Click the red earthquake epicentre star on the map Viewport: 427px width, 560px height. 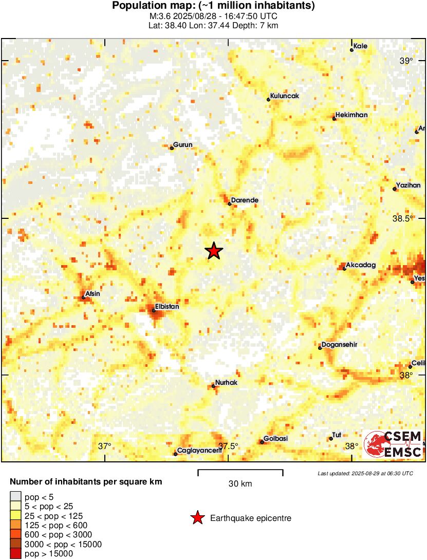tap(214, 251)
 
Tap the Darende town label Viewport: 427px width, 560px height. tap(245, 200)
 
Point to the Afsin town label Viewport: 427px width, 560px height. tap(92, 294)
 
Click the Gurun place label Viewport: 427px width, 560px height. tap(183, 145)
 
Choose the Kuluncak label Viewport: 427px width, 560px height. tap(285, 96)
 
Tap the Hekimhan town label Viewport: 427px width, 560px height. tap(351, 115)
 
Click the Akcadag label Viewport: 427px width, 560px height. tap(362, 265)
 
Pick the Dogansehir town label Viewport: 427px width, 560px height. tap(339, 345)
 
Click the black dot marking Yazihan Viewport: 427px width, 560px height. tap(395, 189)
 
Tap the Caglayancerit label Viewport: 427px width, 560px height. tap(199, 451)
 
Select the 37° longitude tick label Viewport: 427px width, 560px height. tap(105, 446)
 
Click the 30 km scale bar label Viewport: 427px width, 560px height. tap(240, 483)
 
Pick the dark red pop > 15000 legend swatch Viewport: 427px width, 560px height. tap(16, 554)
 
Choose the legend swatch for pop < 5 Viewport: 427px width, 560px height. tap(16, 496)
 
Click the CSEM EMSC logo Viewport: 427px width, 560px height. tap(393, 444)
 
